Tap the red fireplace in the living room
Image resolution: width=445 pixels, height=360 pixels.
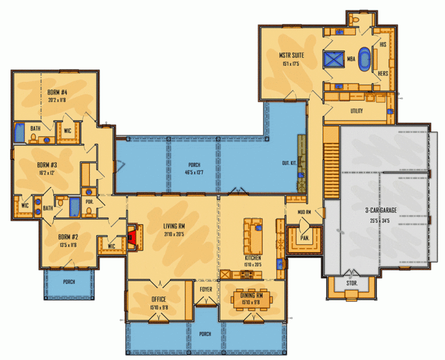[x=133, y=237]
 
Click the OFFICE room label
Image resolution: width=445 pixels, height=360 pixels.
[x=158, y=299]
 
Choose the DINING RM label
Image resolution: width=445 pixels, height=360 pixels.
[x=252, y=294]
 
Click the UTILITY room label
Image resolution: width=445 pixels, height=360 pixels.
[x=356, y=111]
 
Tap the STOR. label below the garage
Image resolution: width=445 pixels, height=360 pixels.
[x=352, y=284]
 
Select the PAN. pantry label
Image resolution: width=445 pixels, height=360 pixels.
[x=303, y=237]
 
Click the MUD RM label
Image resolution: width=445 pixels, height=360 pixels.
[x=305, y=212]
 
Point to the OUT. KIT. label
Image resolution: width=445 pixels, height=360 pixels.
[x=290, y=163]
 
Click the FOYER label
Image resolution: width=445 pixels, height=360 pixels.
[x=206, y=288]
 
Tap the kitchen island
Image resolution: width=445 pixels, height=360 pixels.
[x=253, y=232]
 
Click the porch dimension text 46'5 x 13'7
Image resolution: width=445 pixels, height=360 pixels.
[x=194, y=173]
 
